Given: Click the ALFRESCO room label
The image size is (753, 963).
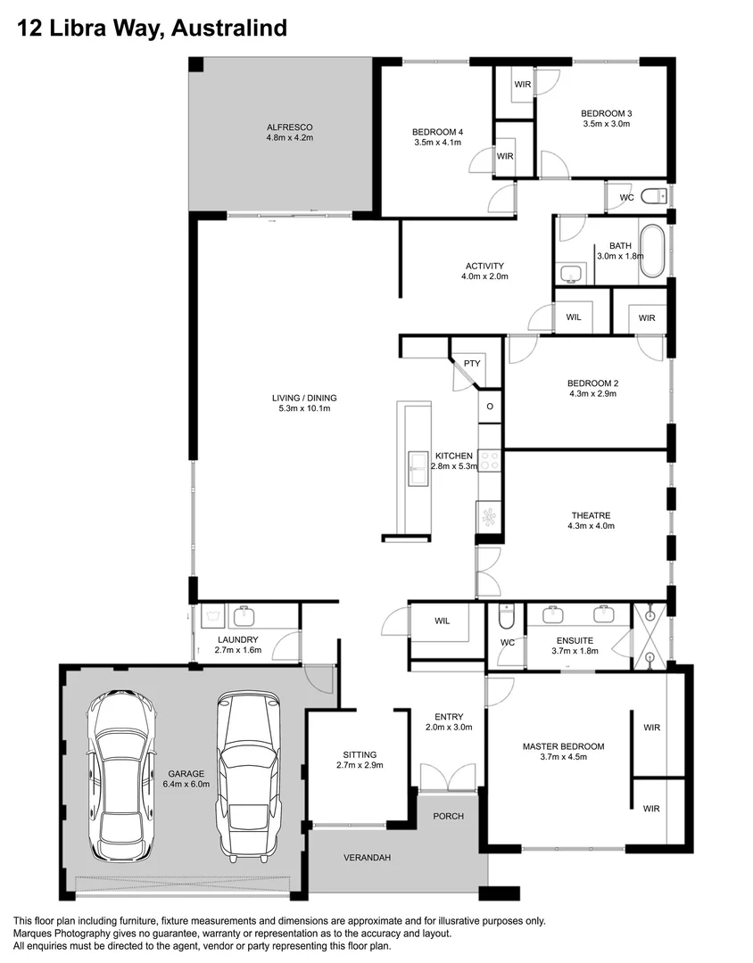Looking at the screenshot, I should coord(289,127).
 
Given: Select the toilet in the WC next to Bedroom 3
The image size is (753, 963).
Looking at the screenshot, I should coord(654,196).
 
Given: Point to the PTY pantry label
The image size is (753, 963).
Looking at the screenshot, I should coord(472,363).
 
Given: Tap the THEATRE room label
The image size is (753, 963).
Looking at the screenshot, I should coord(591,515).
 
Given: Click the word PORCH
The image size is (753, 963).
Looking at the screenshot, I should coord(448,816).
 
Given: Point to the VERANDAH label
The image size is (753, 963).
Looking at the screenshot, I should coord(368,858).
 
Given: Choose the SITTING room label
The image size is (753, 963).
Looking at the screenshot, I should coord(360,754).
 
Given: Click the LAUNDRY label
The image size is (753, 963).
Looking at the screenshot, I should coord(236,639).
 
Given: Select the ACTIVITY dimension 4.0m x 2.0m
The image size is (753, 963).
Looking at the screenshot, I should coord(484,276).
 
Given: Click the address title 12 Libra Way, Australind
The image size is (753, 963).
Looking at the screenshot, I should coord(153,29).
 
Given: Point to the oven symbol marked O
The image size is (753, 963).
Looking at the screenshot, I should coord(489,407).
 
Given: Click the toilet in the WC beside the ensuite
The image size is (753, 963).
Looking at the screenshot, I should coord(507,615).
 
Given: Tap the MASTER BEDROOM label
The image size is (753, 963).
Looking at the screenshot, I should coord(563,746).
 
